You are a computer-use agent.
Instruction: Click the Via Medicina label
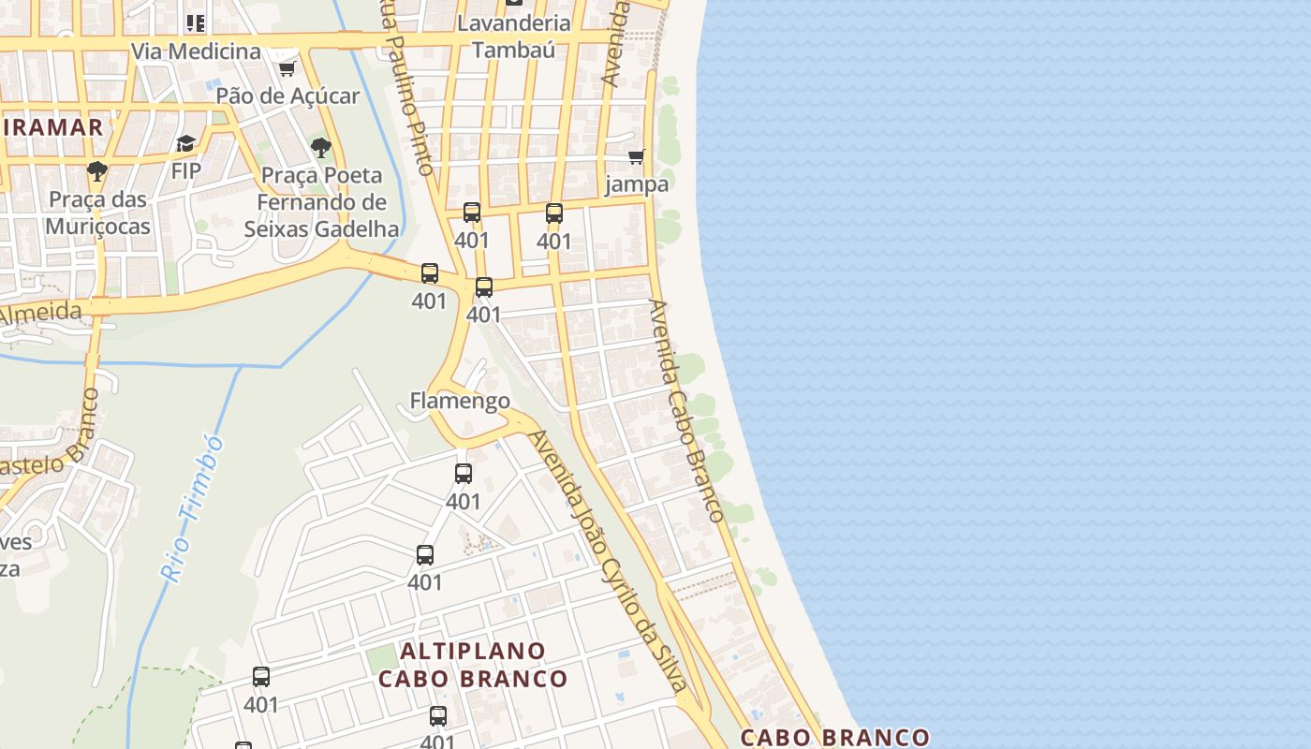pyautogui.click(x=196, y=51)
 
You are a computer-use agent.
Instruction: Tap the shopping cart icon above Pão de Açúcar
pyautogui.click(x=287, y=69)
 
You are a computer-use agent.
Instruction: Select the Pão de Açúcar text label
pyautogui.click(x=287, y=95)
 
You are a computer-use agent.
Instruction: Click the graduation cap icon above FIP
pyautogui.click(x=185, y=144)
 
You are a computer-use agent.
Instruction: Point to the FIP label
pyautogui.click(x=185, y=170)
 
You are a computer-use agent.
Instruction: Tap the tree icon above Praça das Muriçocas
pyautogui.click(x=96, y=171)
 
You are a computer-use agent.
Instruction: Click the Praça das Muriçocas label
pyautogui.click(x=97, y=213)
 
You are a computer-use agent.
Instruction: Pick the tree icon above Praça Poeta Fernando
pyautogui.click(x=320, y=148)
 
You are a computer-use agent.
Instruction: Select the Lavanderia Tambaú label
pyautogui.click(x=514, y=36)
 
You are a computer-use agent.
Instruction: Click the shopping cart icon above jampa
pyautogui.click(x=637, y=156)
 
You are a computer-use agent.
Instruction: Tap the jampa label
pyautogui.click(x=637, y=184)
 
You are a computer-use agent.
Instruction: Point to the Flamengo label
pyautogui.click(x=460, y=401)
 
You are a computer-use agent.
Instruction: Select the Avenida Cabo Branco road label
pyautogui.click(x=686, y=410)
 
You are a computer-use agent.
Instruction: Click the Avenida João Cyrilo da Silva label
pyautogui.click(x=609, y=562)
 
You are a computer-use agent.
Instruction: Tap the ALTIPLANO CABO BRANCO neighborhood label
pyautogui.click(x=473, y=665)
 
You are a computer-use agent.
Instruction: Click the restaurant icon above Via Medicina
pyautogui.click(x=195, y=23)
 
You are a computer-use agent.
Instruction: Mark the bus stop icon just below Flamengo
pyautogui.click(x=464, y=474)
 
